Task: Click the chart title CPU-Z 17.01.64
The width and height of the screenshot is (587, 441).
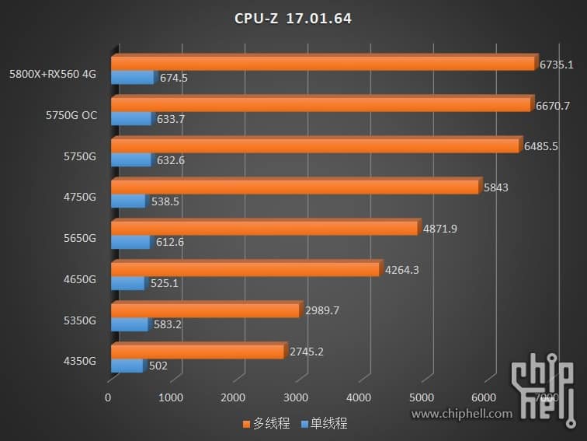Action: tap(293, 18)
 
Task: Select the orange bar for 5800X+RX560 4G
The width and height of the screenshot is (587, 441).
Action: tap(323, 63)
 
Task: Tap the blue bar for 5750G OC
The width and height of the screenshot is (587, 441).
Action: tap(131, 119)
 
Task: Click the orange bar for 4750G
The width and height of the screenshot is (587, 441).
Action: tap(295, 187)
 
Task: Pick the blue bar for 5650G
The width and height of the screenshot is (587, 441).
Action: tap(130, 242)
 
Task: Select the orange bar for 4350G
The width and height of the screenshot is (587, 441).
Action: tap(198, 352)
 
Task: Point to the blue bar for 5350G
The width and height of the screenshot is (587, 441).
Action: tap(130, 324)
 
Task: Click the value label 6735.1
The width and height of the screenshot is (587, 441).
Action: tap(557, 65)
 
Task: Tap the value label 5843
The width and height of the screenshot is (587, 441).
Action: tap(495, 187)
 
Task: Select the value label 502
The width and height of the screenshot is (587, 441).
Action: tap(157, 366)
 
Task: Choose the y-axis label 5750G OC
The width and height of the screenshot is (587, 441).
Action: tap(71, 115)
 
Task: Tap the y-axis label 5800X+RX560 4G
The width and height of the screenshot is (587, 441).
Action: tap(53, 75)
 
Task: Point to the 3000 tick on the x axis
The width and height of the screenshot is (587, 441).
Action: tap(296, 398)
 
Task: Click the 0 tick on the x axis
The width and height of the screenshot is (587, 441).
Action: tap(109, 398)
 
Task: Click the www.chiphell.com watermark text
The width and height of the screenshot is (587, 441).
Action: tap(462, 414)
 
